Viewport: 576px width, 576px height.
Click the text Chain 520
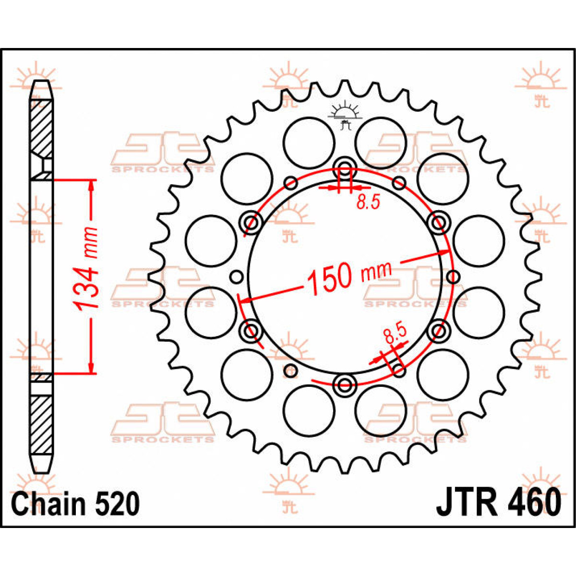pos(75,504)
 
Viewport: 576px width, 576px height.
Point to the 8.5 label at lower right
pos(395,334)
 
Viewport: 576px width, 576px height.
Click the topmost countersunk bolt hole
pos(345,168)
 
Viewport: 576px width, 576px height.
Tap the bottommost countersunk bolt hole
pos(345,384)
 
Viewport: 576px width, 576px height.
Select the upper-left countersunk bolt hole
pos(251,222)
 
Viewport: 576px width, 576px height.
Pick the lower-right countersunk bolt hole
pos(438,330)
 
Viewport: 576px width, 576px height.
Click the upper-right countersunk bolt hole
pos(438,222)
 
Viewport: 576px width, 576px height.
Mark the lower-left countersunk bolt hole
pos(251,330)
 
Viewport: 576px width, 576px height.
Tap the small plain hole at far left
pos(235,276)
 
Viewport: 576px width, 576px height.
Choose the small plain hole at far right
pos(453,276)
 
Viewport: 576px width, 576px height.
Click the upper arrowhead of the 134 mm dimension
pos(91,185)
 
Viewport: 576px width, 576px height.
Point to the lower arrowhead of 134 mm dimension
pos(91,368)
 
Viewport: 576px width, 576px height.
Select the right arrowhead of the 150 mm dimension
pos(445,252)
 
